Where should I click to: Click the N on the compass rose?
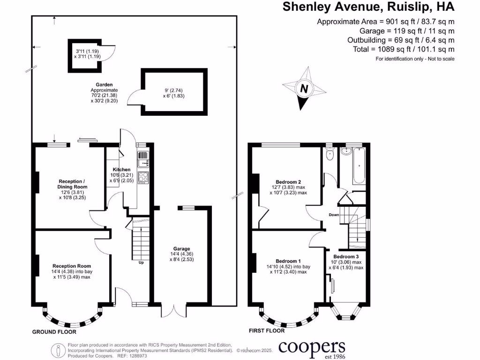tap(305, 89)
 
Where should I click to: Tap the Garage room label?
tap(181, 249)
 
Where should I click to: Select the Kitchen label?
tap(121, 169)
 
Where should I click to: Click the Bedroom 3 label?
tap(346, 256)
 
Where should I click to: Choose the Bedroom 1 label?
tap(288, 261)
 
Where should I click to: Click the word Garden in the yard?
tap(104, 84)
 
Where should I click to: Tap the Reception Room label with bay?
tap(71, 266)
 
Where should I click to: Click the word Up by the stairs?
tap(140, 262)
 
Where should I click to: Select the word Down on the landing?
tap(334, 215)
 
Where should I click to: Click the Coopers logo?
tap(312, 348)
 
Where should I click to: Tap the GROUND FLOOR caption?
tap(54, 332)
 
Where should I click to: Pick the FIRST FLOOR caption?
tap(267, 331)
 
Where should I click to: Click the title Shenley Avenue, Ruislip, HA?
tap(368, 7)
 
